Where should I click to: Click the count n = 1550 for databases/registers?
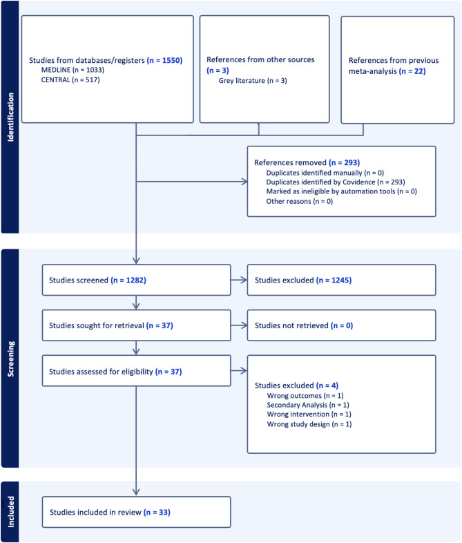click(x=164, y=60)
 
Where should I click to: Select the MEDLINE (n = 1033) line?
click(x=73, y=70)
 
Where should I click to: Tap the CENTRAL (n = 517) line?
click(x=70, y=80)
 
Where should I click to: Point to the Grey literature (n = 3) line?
click(x=253, y=81)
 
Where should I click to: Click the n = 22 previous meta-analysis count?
click(x=412, y=71)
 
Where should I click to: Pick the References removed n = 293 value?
click(x=345, y=163)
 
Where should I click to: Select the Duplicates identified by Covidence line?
click(x=336, y=182)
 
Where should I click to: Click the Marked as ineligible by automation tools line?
click(x=341, y=191)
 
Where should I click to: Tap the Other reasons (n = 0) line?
click(x=299, y=202)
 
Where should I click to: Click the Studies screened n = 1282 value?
click(x=128, y=280)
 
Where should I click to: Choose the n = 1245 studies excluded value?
click(x=334, y=280)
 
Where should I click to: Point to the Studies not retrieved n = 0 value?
click(x=342, y=325)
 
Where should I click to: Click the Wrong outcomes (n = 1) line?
click(x=305, y=396)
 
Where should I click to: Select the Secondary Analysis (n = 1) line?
click(x=307, y=405)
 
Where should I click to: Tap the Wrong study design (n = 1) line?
click(x=309, y=424)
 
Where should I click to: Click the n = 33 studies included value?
click(x=157, y=512)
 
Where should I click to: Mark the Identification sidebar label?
click(x=11, y=117)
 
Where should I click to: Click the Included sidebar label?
click(x=11, y=512)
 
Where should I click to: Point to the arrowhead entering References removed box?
click(x=244, y=182)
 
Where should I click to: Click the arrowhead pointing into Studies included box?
click(x=136, y=492)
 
